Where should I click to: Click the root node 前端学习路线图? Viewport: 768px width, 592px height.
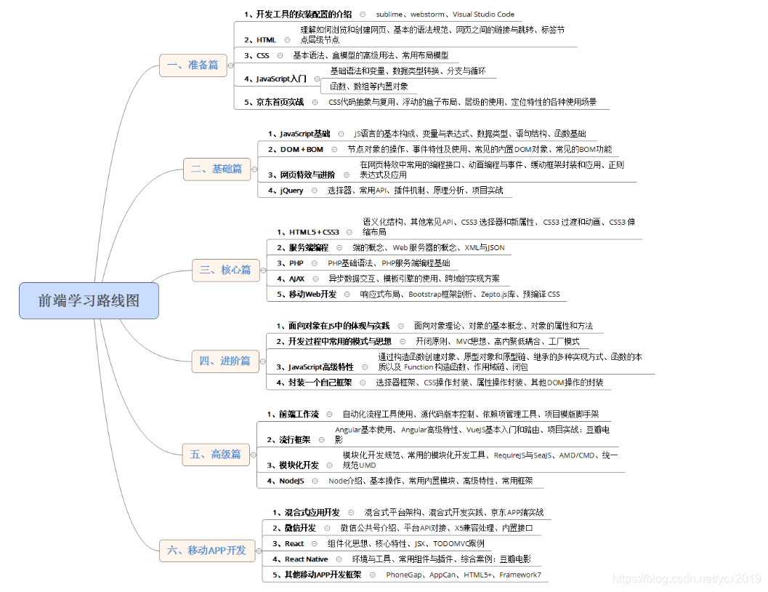point(89,300)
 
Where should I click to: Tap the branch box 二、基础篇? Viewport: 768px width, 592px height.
point(216,169)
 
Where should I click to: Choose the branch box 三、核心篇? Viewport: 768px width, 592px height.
point(225,270)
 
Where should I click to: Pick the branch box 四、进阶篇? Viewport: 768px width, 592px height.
point(225,361)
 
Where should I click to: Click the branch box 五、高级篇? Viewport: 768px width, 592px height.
point(215,454)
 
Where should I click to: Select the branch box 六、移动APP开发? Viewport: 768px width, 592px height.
point(206,550)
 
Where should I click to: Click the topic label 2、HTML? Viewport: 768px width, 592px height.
point(259,40)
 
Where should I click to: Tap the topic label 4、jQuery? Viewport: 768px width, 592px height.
point(286,191)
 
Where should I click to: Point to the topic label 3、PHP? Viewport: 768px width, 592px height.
point(291,263)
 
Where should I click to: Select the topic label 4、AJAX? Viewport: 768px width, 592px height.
point(292,279)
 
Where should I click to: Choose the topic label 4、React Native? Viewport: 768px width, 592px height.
point(300,559)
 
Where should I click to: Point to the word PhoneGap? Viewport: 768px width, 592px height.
point(403,575)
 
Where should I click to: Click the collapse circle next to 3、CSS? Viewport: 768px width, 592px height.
point(280,55)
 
